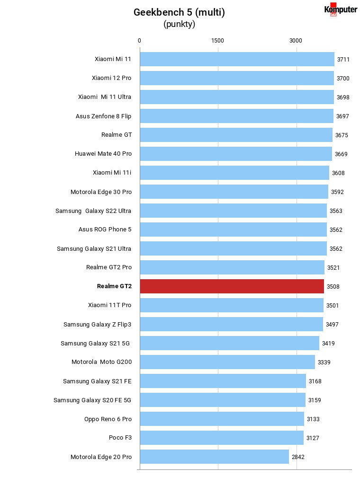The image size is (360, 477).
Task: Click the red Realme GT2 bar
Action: (x=232, y=286)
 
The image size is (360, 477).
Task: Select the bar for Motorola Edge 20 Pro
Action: (x=215, y=457)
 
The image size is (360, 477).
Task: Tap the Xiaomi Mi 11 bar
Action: (x=237, y=59)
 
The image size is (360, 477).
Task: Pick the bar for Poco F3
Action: (x=222, y=438)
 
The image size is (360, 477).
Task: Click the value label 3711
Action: (x=343, y=60)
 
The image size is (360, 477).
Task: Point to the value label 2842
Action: (x=298, y=457)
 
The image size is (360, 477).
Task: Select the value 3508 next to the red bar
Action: (x=333, y=287)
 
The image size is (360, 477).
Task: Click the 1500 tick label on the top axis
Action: (x=217, y=41)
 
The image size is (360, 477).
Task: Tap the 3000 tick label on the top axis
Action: (x=296, y=41)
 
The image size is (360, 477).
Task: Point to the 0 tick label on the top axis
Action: (x=139, y=41)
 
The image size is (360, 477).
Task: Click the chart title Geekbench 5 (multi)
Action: (x=179, y=12)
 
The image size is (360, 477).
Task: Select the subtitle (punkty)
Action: (x=179, y=24)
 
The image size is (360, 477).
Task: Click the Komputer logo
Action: (x=341, y=9)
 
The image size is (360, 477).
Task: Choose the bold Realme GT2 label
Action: (x=114, y=286)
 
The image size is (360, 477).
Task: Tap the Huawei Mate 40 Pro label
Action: (x=103, y=154)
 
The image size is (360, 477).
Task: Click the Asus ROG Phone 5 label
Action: (x=105, y=230)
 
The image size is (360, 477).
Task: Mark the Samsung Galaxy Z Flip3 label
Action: (x=98, y=325)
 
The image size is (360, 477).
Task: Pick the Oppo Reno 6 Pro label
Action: (x=108, y=419)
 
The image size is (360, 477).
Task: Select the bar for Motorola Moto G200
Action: (x=227, y=362)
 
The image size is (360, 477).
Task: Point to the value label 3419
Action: (x=328, y=344)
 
